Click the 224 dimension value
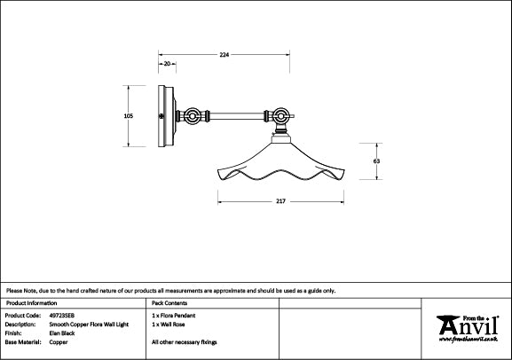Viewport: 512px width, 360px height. click(224, 55)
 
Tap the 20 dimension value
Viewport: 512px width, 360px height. click(167, 64)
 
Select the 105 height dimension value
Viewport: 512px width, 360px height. click(129, 116)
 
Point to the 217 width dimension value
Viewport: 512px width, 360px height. click(280, 201)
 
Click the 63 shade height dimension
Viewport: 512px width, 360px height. click(376, 161)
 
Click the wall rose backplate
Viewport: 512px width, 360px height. click(167, 116)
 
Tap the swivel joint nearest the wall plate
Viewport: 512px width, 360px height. click(192, 116)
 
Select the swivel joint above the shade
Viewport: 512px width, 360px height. click(280, 115)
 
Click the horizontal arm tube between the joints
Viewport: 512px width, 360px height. click(236, 116)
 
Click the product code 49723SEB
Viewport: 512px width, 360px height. click(62, 316)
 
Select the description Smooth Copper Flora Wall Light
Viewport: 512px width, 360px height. click(89, 325)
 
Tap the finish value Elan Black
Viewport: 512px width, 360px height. click(62, 333)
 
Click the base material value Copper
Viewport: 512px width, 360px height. click(59, 342)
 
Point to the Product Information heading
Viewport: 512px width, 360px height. click(31, 303)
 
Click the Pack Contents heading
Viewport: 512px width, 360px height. click(169, 303)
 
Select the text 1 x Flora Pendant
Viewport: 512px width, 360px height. click(173, 316)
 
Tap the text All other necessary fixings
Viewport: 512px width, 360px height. click(185, 342)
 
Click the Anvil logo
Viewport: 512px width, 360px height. click(468, 329)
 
